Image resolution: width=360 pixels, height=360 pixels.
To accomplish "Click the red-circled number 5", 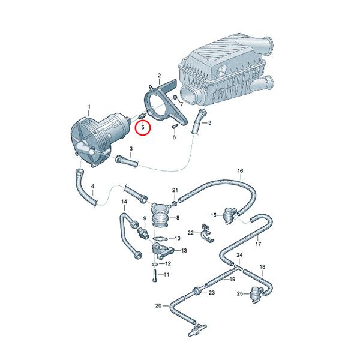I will tap(143, 127).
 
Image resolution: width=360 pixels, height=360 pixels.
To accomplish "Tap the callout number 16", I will tap(240, 172).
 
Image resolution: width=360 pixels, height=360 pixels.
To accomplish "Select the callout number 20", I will tap(158, 305).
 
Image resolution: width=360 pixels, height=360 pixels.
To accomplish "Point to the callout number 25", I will tap(239, 293).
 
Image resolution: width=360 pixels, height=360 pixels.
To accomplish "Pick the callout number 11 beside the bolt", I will tap(166, 275).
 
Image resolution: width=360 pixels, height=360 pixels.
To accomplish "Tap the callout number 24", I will tap(239, 255).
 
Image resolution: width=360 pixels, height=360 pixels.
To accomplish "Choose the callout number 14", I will tap(124, 201).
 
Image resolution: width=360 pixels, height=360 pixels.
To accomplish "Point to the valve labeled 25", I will tap(256, 293).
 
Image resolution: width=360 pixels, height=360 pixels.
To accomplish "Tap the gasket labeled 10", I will tap(159, 239).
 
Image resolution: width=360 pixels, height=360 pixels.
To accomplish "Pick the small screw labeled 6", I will tap(174, 127).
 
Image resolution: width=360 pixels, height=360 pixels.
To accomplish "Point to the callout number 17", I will tap(258, 244).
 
